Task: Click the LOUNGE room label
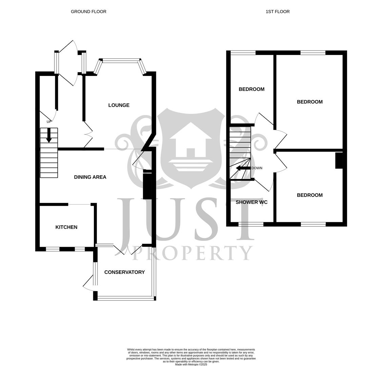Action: coord(119,105)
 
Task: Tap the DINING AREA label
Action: coord(90,177)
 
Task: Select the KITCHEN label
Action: coord(66,227)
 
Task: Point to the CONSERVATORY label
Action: coord(124,272)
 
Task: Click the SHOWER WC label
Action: coord(252,202)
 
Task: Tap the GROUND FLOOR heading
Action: coord(88,12)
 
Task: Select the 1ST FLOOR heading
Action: coord(278,12)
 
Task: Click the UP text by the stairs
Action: coord(49,122)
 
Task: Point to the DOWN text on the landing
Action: coord(257,168)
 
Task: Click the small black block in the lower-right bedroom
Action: coord(339,160)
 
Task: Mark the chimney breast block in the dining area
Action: coord(147,186)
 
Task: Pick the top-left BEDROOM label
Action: coord(252,89)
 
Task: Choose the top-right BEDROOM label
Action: coord(309,102)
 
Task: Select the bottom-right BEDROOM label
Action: coord(309,195)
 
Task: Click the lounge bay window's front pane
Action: coord(121,61)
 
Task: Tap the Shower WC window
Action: coord(251,224)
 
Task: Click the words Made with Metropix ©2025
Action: coord(191,364)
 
